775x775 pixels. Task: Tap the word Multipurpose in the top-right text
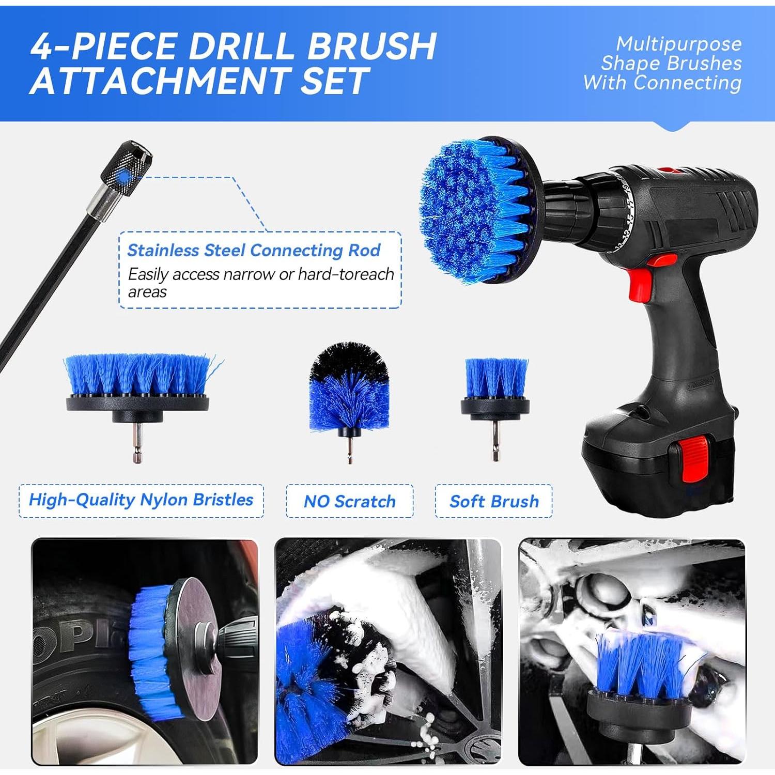pyautogui.click(x=678, y=44)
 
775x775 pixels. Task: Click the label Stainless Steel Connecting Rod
pyautogui.click(x=254, y=251)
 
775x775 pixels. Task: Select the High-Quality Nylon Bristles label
pyautogui.click(x=141, y=500)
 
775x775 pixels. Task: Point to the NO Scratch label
pyautogui.click(x=349, y=501)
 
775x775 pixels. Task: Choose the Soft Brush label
pyautogui.click(x=494, y=501)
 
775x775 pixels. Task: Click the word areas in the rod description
pyautogui.click(x=147, y=292)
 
